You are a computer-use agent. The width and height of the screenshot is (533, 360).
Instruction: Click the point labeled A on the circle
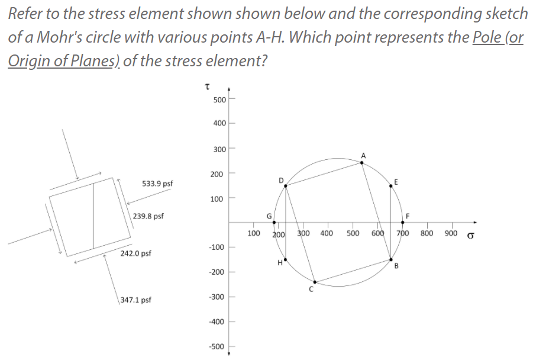[x=363, y=162]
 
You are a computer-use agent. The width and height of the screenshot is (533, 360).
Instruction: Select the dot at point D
[x=286, y=186]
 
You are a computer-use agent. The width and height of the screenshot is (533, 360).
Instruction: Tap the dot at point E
[x=390, y=186]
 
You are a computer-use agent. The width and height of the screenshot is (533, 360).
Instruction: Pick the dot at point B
[x=390, y=259]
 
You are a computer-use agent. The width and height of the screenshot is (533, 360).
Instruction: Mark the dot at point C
[x=315, y=282]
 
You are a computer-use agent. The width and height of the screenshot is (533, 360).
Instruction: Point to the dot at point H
[x=286, y=259]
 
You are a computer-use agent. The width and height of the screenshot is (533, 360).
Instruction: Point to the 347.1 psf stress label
[x=136, y=300]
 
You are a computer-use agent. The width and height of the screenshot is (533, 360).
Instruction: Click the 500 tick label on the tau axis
[x=219, y=99]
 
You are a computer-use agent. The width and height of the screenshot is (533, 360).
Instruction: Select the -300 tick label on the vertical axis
[x=217, y=296]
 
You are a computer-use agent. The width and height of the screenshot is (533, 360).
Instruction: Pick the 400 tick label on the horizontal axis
[x=326, y=233]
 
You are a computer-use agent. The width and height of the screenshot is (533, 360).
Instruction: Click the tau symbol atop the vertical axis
[x=207, y=87]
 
